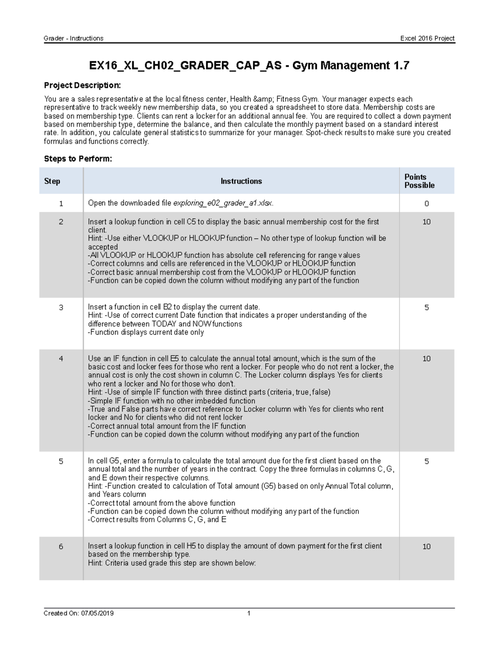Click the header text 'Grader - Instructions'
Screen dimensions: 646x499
[74, 38]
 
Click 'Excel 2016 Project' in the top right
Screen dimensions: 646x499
[427, 38]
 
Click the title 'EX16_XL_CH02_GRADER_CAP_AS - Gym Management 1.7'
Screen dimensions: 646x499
[249, 65]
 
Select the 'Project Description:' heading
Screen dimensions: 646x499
[82, 85]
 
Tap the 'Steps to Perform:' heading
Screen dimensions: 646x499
[78, 159]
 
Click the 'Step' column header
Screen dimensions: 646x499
[52, 181]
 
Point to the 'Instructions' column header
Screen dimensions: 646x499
[241, 181]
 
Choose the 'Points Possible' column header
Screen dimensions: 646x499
[419, 181]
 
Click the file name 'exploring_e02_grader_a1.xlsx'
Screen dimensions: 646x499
[223, 203]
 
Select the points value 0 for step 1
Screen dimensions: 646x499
[426, 204]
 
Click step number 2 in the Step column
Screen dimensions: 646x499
[61, 222]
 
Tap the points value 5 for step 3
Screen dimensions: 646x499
[426, 307]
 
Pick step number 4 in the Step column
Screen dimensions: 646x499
[61, 359]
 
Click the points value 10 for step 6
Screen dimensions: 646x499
[426, 547]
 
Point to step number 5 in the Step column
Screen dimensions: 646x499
[61, 461]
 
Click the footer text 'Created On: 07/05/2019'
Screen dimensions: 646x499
[79, 613]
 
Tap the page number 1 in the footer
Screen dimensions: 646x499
[249, 613]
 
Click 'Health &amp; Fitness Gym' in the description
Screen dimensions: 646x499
[274, 99]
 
